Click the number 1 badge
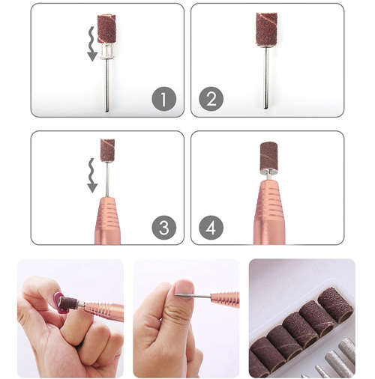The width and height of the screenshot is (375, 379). pos(163,99)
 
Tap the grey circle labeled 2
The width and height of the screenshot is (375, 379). pos(211,99)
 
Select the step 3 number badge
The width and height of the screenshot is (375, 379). pos(163,227)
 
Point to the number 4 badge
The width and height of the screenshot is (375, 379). pos(211,227)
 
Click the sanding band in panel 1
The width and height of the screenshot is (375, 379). pos(106,28)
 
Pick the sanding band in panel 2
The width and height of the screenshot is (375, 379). pos(266,29)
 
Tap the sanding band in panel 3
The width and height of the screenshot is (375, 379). pos(107,150)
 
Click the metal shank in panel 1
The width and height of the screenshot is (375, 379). pos(106,82)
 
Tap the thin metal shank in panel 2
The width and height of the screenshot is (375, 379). pos(266,75)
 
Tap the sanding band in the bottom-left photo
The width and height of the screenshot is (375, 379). pos(69,303)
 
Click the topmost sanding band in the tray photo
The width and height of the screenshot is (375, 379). pos(335,304)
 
